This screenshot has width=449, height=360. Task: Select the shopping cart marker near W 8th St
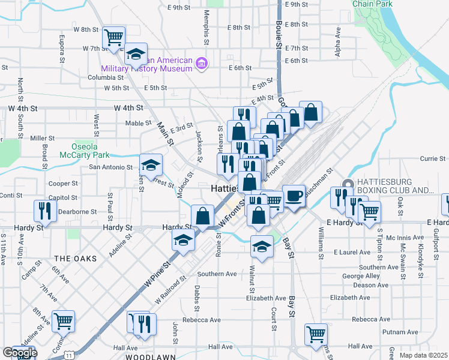113,38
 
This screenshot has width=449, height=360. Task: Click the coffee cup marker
293,196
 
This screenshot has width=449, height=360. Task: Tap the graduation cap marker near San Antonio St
151,164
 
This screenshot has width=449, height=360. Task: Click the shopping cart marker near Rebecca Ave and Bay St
315,334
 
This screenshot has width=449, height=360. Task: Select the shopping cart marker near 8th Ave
63,321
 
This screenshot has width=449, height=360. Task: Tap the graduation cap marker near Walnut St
262,246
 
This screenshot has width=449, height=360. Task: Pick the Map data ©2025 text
424,355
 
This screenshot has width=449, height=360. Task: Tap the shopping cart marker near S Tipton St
369,211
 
